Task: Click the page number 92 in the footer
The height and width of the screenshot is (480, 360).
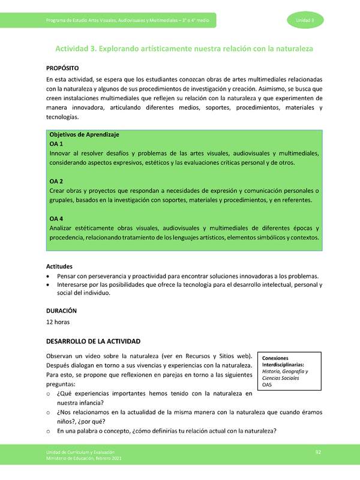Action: (x=318, y=451)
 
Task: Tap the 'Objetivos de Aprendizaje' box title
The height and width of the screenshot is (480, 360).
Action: (x=84, y=135)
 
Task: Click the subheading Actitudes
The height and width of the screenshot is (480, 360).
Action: (x=61, y=266)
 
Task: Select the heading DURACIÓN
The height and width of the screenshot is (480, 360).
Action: (x=62, y=311)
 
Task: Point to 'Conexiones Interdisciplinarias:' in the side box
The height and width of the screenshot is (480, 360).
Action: (x=283, y=361)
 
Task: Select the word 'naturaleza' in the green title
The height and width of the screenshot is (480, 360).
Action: (x=283, y=47)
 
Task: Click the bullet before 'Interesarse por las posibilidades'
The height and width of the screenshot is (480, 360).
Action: (x=48, y=285)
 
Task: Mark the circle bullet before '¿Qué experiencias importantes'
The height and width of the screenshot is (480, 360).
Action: (x=48, y=394)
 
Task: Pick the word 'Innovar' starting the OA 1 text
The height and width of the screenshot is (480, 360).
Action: (x=60, y=154)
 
